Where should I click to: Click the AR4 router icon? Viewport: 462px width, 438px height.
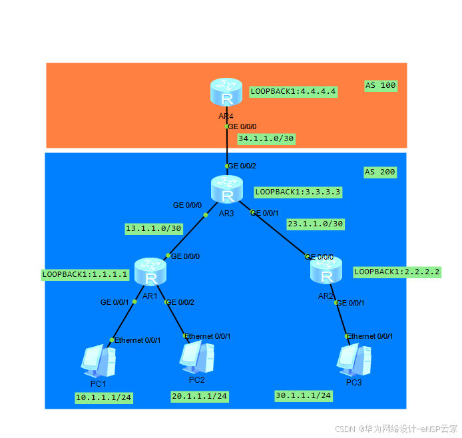click(227, 93)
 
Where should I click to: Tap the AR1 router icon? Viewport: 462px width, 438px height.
click(150, 272)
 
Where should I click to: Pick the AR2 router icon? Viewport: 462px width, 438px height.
click(326, 272)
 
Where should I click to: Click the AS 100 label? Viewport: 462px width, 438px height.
click(380, 85)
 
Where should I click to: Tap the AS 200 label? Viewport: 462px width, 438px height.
click(380, 172)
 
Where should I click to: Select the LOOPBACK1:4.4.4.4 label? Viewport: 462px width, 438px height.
click(294, 91)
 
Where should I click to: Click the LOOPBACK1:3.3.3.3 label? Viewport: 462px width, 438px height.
click(298, 192)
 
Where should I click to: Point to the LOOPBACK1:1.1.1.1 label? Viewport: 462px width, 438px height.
click(85, 274)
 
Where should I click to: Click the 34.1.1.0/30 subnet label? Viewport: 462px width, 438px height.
click(266, 138)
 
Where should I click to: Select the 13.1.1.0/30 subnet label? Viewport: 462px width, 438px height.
click(153, 228)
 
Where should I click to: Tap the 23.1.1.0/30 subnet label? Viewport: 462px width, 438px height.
click(315, 224)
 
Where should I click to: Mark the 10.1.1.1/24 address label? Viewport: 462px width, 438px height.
click(104, 398)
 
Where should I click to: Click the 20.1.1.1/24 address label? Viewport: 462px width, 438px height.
click(200, 396)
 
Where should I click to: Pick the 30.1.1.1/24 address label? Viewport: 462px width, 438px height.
click(304, 395)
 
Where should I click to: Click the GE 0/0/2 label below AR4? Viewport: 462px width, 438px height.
click(243, 166)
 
